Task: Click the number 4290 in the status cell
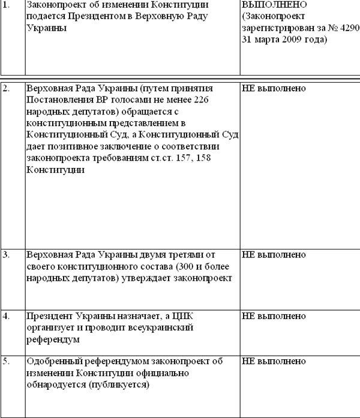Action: [349, 28]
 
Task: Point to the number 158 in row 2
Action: [204, 158]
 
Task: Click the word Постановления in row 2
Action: [59, 100]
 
